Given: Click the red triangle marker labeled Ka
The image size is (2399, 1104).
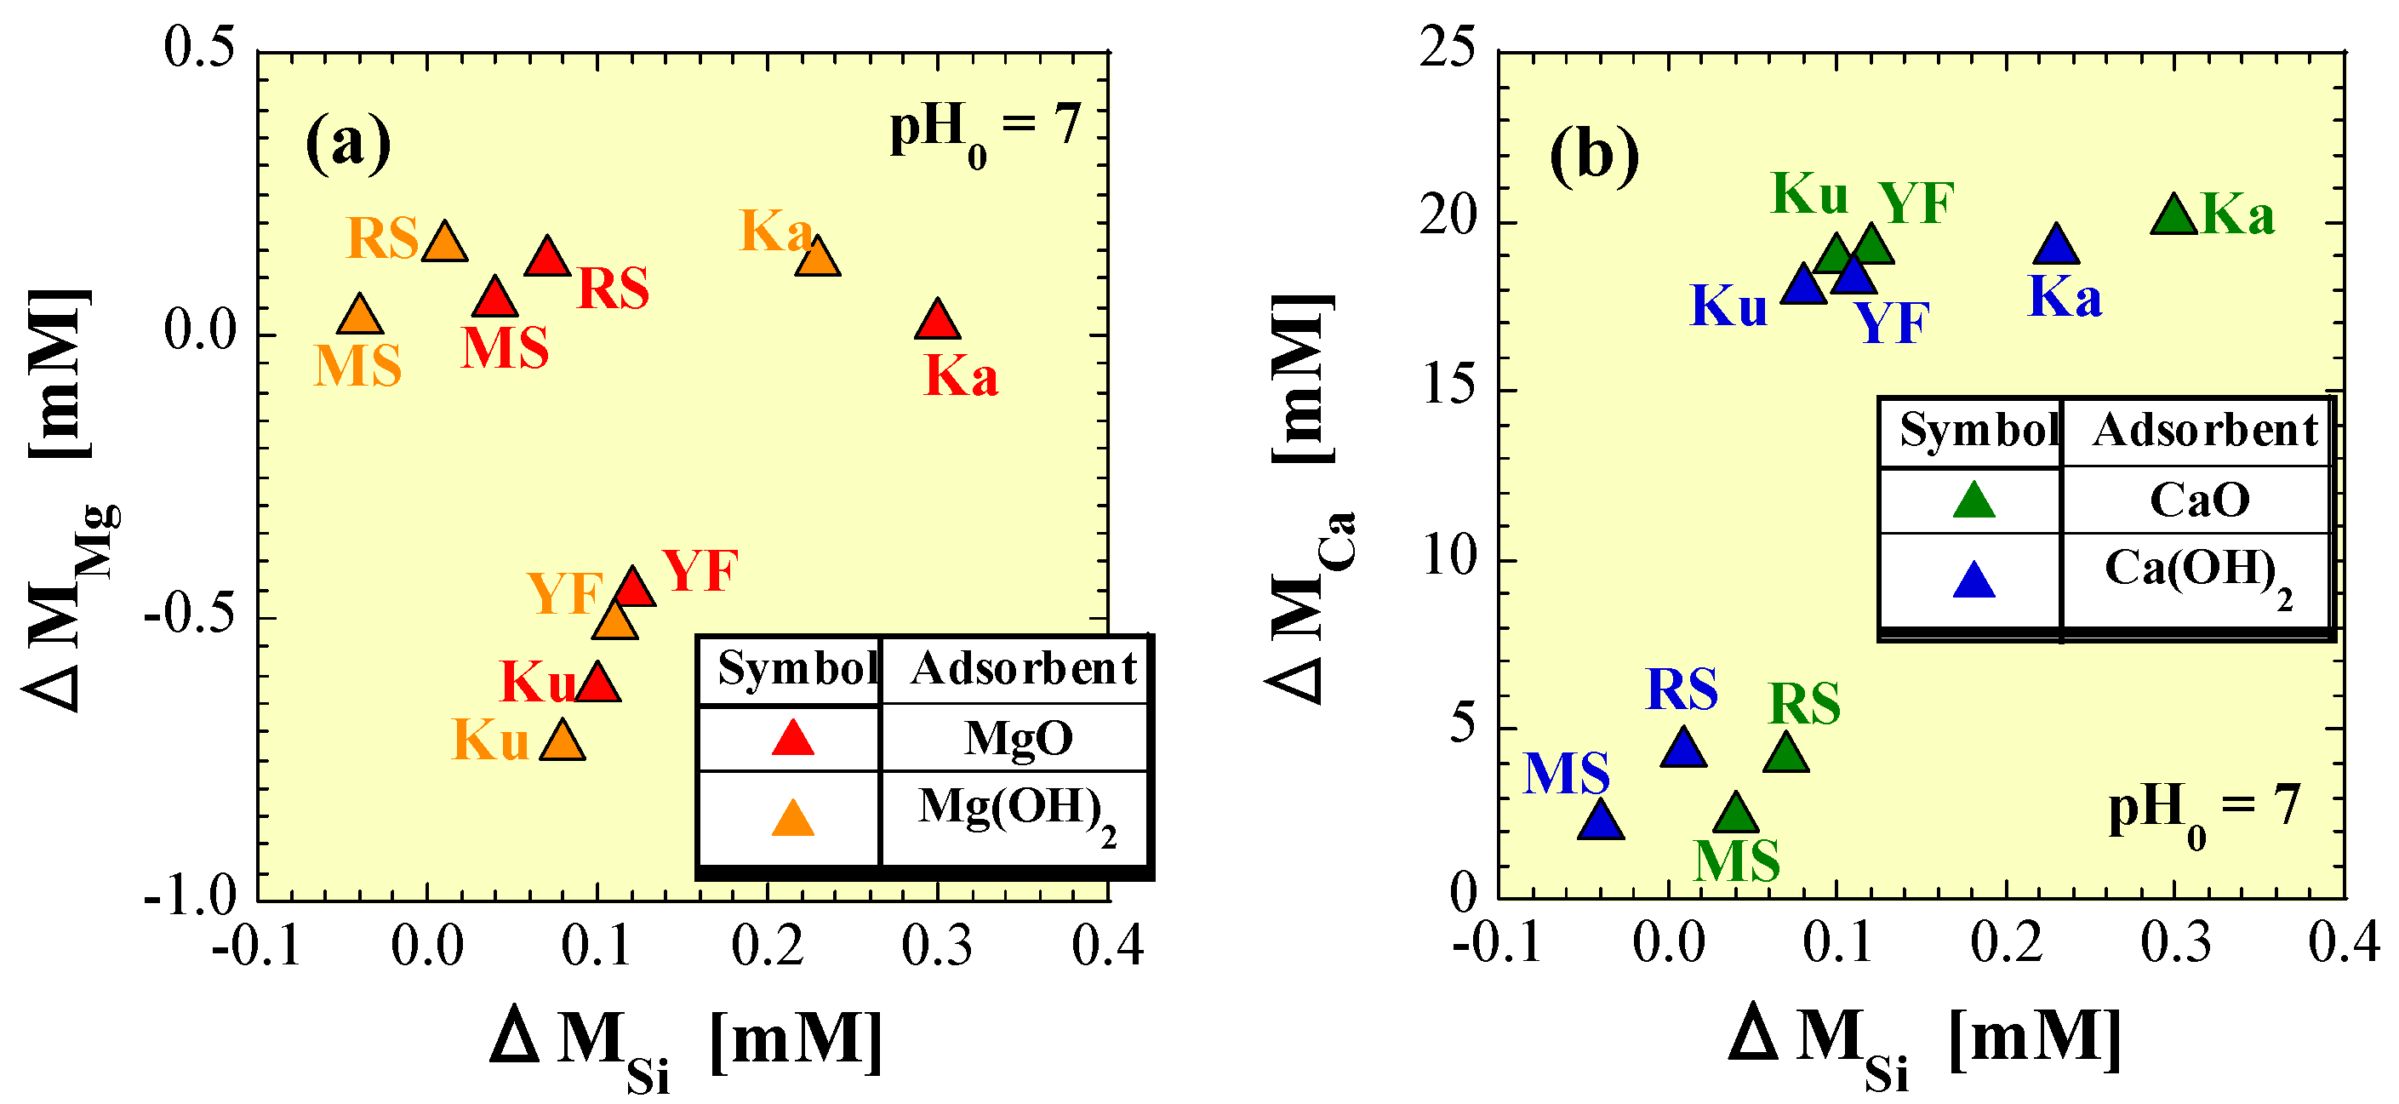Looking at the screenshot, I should coord(937,322).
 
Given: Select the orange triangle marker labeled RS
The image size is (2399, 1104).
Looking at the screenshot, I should coord(444,244).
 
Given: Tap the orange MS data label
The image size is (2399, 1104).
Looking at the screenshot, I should coord(357,366).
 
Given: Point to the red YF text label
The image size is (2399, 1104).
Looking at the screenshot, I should coord(700,571).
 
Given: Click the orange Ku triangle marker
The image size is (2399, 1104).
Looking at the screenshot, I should coord(563,742).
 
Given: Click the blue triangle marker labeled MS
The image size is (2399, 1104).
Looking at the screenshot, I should coord(1601,821).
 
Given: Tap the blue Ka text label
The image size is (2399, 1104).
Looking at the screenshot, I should coord(2065,299).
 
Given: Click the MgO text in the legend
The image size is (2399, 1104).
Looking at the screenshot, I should coord(1018,739).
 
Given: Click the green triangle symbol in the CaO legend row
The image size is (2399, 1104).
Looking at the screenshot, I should coord(1973,501).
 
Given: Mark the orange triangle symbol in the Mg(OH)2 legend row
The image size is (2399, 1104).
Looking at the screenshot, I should coord(792,820).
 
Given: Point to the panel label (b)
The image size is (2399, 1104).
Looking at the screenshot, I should coord(1593,155).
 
